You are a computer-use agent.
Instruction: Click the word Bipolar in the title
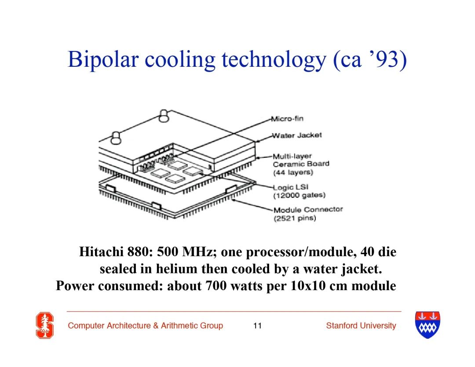(103, 60)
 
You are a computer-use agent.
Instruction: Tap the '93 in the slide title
(384, 59)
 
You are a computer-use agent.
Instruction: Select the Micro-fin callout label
(287, 118)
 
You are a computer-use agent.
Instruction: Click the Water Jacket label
(297, 135)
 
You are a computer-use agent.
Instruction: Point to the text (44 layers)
(293, 172)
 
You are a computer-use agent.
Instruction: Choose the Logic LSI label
(291, 187)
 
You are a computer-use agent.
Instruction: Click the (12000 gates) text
(300, 195)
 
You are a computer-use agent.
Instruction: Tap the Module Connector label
(308, 210)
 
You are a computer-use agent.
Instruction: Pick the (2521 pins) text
(295, 218)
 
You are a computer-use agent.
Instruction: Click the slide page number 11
(257, 326)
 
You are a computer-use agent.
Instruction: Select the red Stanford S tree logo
(45, 325)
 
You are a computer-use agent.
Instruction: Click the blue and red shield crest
(427, 325)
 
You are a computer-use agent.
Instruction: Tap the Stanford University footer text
(361, 326)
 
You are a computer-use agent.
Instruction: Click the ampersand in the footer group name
(156, 326)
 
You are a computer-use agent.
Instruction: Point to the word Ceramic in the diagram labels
(286, 164)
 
